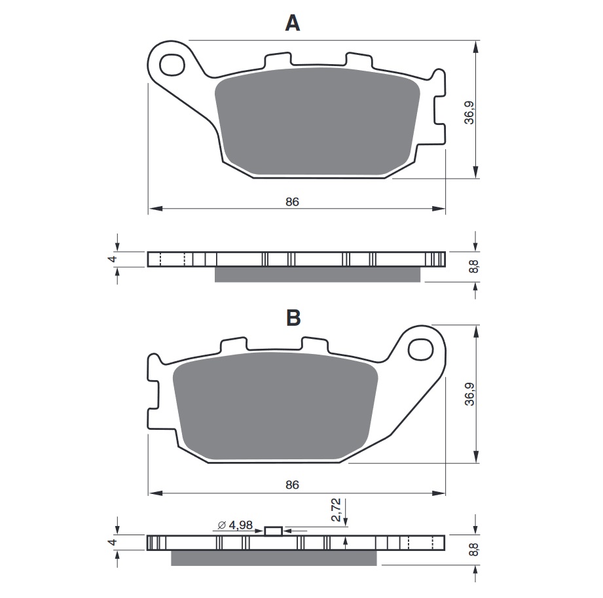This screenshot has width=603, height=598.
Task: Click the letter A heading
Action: click(x=293, y=24)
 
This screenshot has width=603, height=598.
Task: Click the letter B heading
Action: click(x=293, y=318)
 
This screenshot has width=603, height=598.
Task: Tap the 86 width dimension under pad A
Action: click(x=292, y=202)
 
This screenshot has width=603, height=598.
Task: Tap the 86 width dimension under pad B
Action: click(x=292, y=485)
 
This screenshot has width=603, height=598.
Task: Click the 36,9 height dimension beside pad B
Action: click(x=468, y=395)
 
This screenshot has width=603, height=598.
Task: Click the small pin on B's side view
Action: click(x=274, y=531)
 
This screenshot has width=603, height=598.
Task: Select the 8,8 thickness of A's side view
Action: click(x=473, y=267)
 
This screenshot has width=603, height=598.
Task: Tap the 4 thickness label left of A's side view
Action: click(x=112, y=259)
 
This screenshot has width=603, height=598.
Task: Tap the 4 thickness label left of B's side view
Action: click(x=112, y=542)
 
